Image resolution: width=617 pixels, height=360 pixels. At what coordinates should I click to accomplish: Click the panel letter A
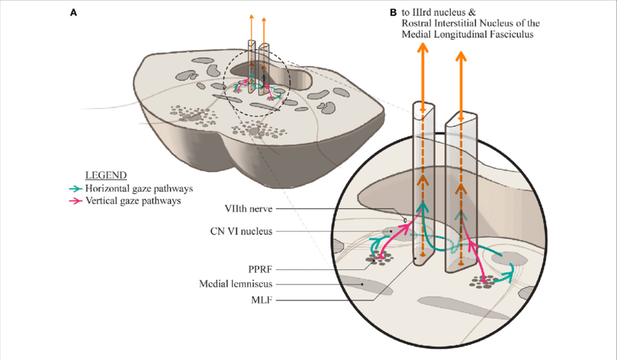(73, 13)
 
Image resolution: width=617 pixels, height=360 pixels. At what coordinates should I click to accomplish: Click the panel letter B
(393, 13)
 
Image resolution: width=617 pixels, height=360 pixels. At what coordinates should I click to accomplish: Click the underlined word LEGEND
(107, 175)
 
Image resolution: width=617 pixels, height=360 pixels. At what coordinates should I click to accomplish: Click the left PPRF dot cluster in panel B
(381, 258)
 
